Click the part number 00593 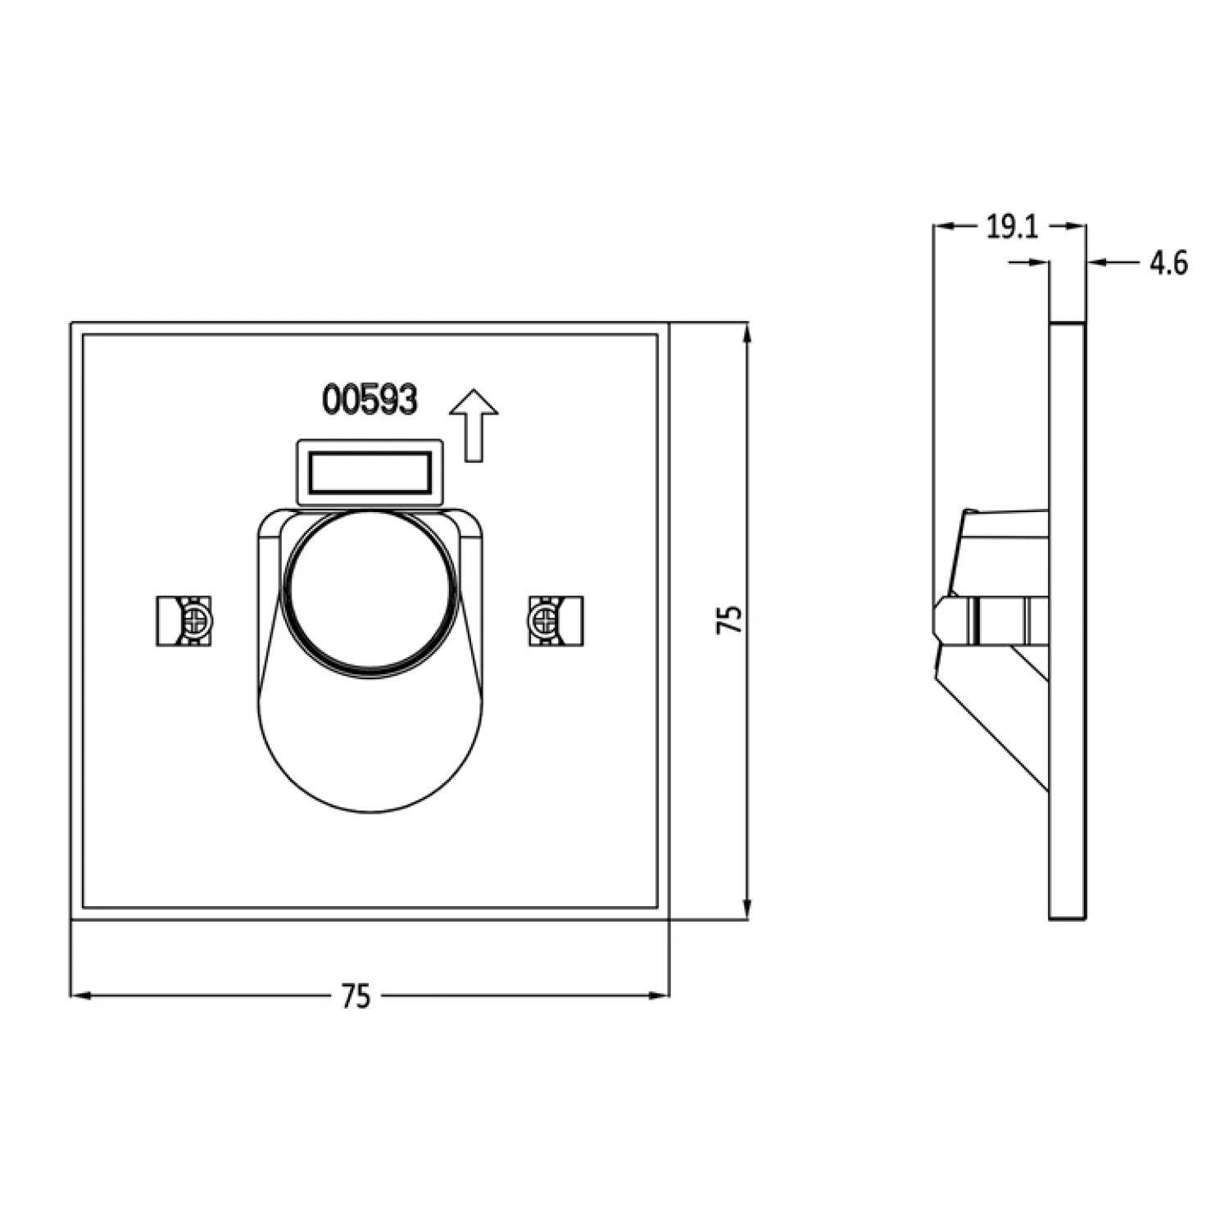[x=370, y=400]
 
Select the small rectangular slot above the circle [x=370, y=472]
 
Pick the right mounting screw [x=546, y=620]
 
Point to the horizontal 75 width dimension [x=356, y=995]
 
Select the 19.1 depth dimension [x=1011, y=227]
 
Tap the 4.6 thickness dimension [x=1168, y=263]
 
